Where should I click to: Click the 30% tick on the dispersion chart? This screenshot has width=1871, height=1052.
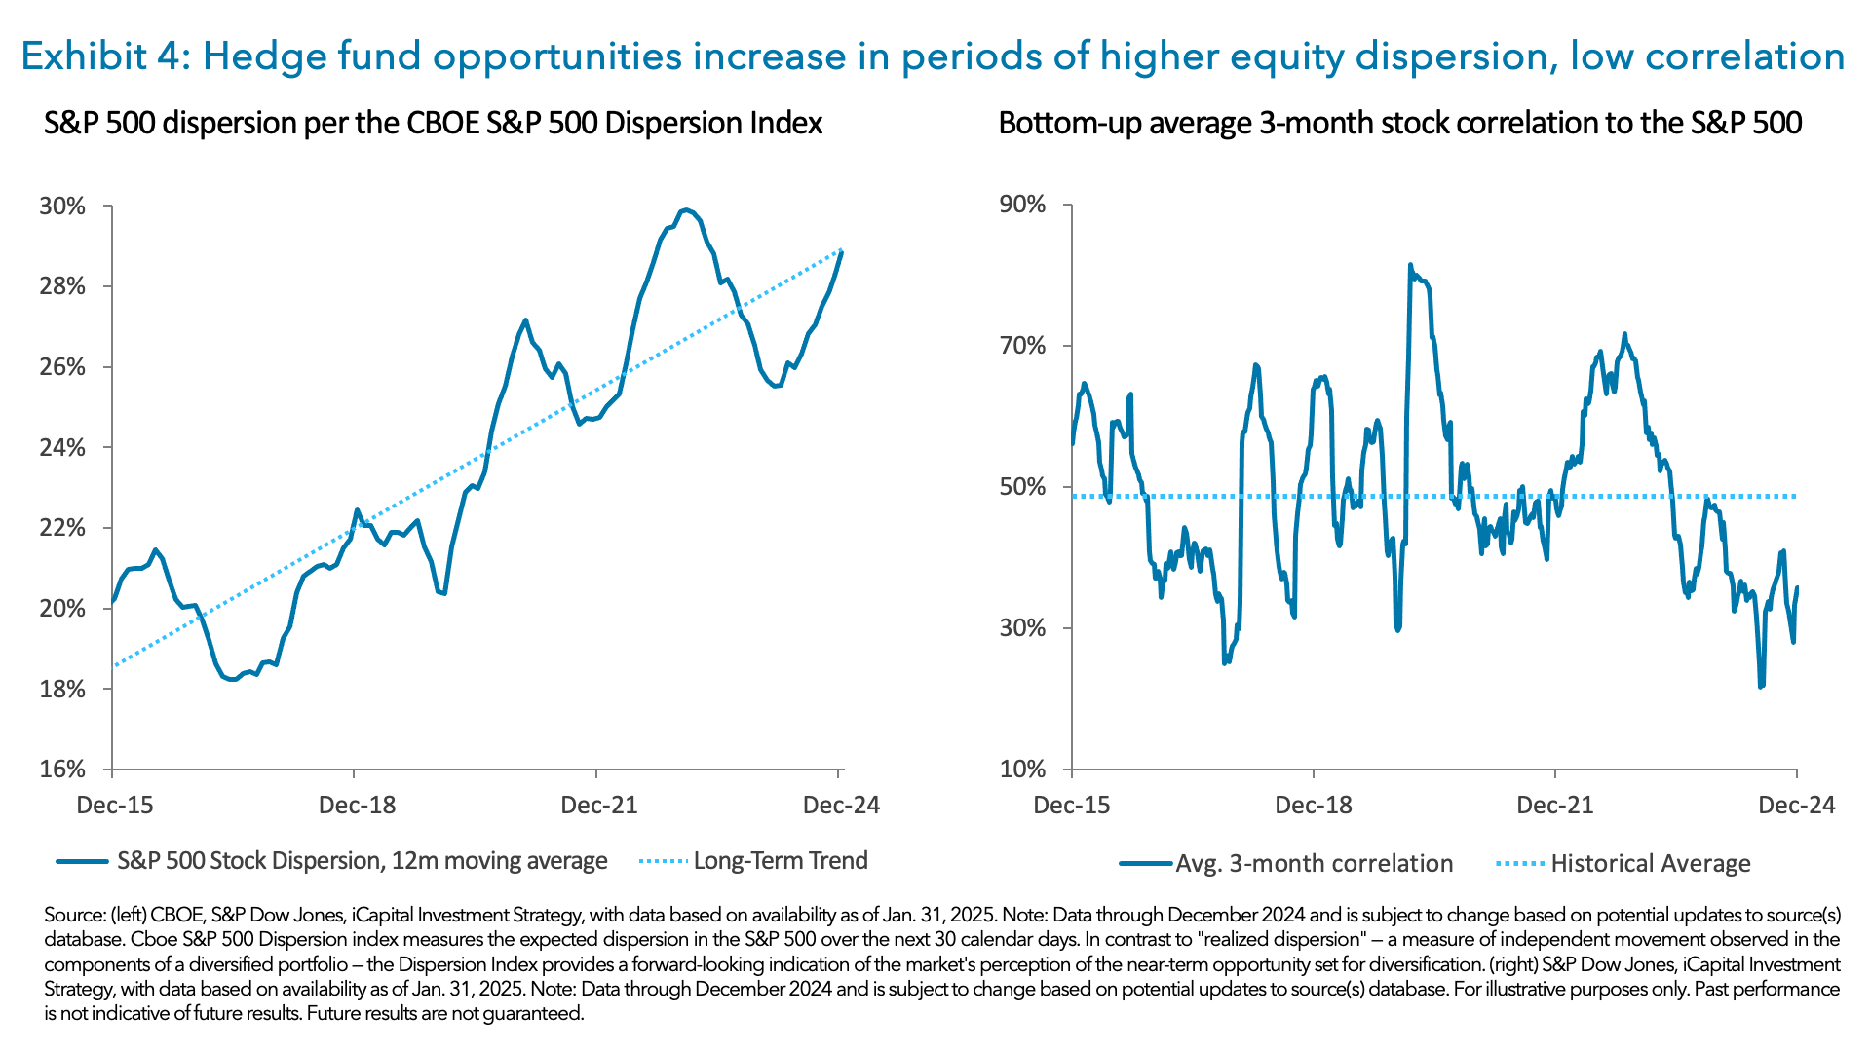[62, 207]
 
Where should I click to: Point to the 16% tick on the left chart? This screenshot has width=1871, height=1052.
[62, 770]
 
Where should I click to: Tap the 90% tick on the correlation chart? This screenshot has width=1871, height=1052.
[1022, 205]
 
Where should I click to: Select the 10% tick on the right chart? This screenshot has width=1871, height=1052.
[1022, 770]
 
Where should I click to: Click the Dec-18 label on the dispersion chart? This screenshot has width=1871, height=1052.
[358, 806]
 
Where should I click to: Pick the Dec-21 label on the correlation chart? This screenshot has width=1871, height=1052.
[1555, 806]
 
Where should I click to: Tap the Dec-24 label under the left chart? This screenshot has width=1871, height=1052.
[841, 806]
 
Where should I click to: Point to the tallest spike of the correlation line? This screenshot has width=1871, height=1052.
[1410, 265]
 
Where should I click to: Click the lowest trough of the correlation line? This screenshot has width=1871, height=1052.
[1761, 687]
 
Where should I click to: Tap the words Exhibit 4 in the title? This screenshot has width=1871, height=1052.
[102, 56]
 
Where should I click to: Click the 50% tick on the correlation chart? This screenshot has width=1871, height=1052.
[1022, 487]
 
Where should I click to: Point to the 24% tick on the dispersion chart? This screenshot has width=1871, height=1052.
[62, 448]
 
